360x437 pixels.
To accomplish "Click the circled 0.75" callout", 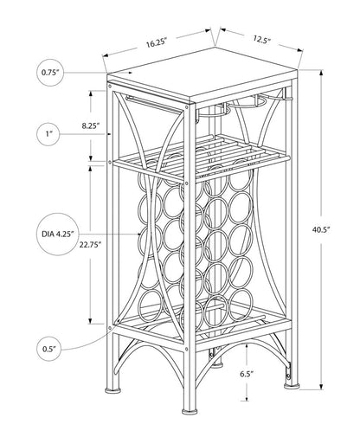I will tap(50, 73).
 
